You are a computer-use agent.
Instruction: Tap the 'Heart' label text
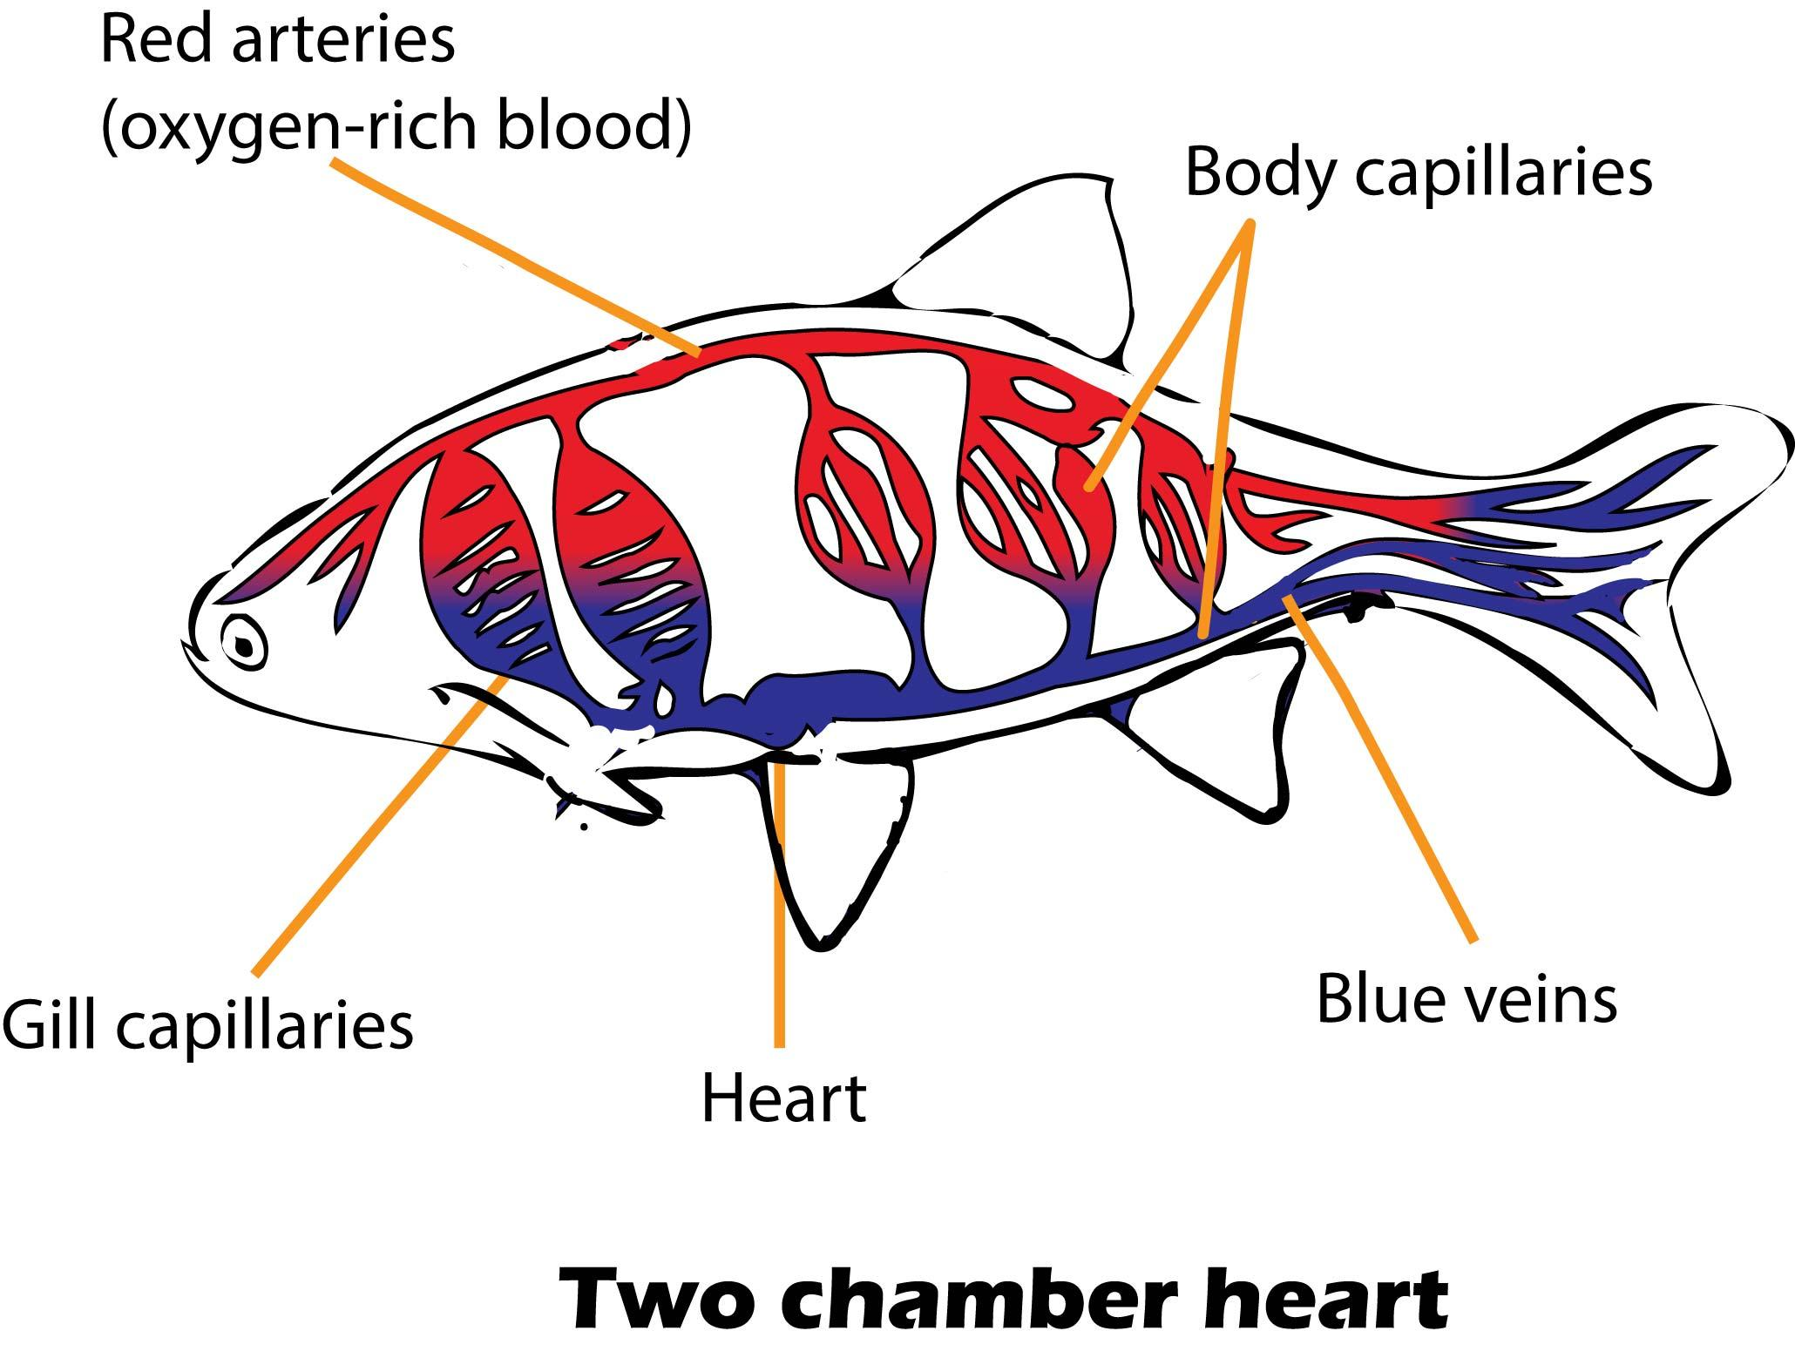click(x=783, y=1098)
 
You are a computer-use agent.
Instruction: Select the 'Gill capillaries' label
click(x=207, y=1025)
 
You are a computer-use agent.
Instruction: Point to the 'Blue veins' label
click(x=1466, y=999)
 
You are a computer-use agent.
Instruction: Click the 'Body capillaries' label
click(x=1418, y=172)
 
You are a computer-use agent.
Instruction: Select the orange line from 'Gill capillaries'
click(x=375, y=827)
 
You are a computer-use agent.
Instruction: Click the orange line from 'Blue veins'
click(x=1385, y=775)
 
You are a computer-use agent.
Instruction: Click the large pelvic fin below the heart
click(x=837, y=836)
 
